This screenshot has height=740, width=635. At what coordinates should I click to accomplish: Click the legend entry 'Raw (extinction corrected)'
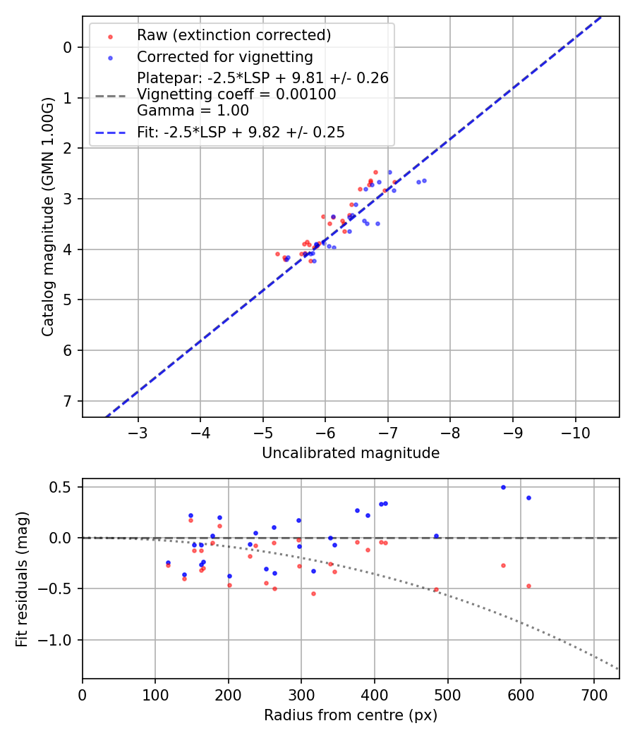coord(234,35)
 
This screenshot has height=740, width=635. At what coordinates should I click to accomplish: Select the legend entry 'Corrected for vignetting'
coord(224,57)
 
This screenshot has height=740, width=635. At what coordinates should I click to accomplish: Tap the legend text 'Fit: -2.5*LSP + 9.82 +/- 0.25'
coord(241,132)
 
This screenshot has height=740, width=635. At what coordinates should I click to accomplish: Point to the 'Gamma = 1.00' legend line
coord(193,111)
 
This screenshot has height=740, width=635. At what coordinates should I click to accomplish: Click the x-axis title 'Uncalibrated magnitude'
coord(351,453)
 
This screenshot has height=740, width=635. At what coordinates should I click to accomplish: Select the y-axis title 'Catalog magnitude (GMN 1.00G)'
coord(48,217)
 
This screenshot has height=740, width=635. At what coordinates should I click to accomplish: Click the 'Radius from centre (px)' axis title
coord(351,715)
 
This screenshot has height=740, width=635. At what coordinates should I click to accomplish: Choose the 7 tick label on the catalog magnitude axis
coord(68,401)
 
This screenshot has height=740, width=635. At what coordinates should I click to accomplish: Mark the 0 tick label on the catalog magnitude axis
coord(68,47)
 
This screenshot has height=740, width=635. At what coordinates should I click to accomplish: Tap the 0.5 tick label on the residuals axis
coord(61,487)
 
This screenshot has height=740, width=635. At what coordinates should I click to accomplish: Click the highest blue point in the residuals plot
coord(503,487)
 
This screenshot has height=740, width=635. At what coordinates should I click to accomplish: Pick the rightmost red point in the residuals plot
coord(528,586)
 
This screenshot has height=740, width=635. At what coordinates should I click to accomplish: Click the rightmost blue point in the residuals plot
coord(528,498)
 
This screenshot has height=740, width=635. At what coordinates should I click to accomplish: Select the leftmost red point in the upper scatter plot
coord(277,254)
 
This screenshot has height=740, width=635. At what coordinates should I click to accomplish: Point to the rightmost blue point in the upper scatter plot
coord(424,180)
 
